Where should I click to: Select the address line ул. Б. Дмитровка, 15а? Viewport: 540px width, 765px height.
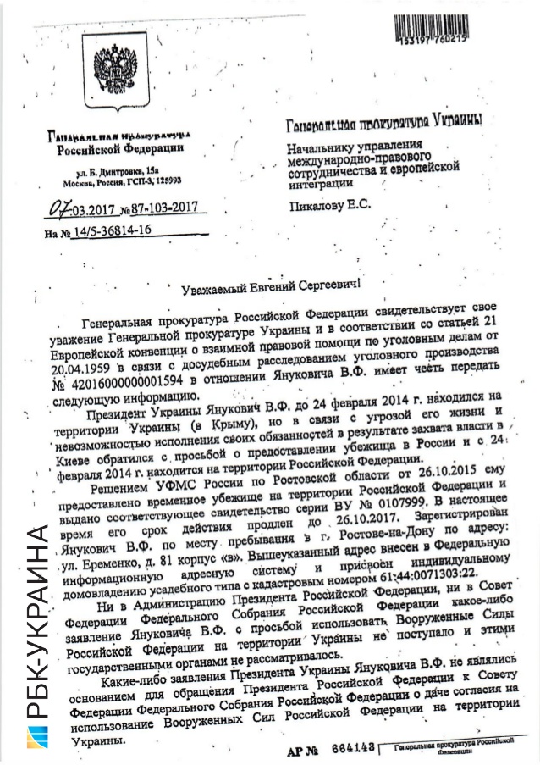pos(119,172)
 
